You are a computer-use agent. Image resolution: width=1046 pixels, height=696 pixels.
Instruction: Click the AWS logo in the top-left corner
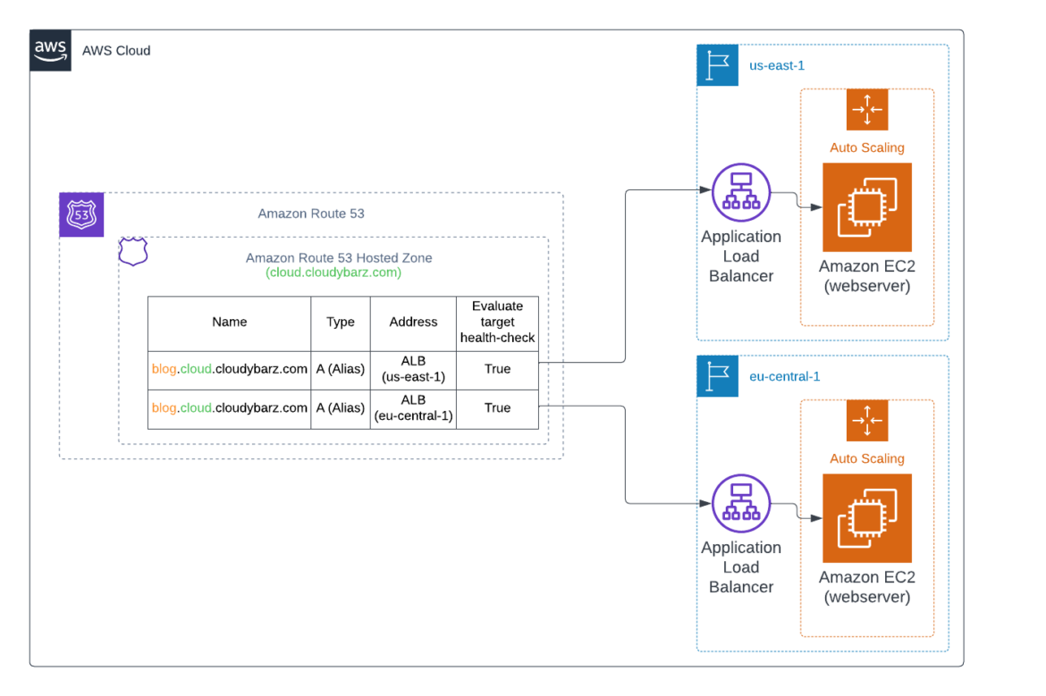pos(51,51)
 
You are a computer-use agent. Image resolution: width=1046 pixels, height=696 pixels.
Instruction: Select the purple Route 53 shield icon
pos(81,214)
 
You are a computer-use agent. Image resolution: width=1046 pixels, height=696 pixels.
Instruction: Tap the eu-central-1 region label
pos(784,376)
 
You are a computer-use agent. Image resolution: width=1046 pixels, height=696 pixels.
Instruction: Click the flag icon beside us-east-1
pos(717,65)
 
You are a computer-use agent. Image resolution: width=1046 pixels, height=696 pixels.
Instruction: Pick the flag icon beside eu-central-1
pos(717,376)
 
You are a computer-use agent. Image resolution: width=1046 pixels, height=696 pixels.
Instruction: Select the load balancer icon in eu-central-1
pos(741,503)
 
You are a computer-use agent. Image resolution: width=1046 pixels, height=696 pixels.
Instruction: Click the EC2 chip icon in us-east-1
pos(866,207)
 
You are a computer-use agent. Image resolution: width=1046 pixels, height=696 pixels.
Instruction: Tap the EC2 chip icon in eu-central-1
pos(866,518)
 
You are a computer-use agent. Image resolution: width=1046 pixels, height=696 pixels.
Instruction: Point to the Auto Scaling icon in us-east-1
pos(866,110)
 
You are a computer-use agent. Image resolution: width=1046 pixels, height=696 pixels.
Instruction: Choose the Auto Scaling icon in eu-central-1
pos(866,421)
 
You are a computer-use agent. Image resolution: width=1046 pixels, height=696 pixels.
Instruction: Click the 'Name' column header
pos(230,322)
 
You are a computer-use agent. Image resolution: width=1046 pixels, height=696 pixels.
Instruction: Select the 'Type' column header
pos(341,322)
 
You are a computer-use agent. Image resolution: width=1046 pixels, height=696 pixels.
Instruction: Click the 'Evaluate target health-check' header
pos(497,322)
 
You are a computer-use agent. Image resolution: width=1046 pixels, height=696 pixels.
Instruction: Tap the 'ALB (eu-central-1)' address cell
pos(413,408)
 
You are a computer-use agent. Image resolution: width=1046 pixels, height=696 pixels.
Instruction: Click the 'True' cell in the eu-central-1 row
pos(497,408)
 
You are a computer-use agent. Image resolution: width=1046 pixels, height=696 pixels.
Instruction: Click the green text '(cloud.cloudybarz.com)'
pos(333,273)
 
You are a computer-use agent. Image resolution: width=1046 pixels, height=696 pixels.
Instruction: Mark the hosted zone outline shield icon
pos(133,253)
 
